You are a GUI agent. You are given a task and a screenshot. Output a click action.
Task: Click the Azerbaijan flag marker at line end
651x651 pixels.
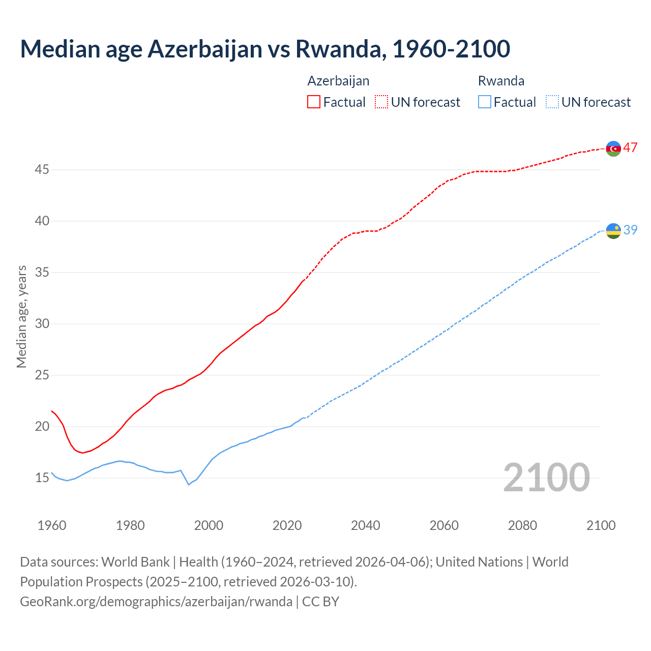coord(613,149)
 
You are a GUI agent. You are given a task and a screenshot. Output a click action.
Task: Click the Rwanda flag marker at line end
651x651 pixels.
coord(613,231)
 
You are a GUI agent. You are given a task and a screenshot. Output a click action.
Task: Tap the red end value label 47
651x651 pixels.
coord(631,148)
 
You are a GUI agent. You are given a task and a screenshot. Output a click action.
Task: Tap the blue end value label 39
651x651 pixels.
coord(631,230)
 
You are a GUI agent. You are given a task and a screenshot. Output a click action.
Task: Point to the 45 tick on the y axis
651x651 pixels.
coord(42,169)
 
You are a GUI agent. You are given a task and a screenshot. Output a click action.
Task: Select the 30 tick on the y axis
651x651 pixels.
coord(42,323)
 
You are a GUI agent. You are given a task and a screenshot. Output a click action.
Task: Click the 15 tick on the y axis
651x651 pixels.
coord(42,478)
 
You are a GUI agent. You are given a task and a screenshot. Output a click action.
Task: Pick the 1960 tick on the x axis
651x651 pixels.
coord(52,525)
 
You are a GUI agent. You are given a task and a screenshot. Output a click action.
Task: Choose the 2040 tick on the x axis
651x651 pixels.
coord(366,525)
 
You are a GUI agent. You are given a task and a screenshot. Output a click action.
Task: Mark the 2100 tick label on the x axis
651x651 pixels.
coord(601,525)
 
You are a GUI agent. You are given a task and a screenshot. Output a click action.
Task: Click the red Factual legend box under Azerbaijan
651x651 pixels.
coord(314,102)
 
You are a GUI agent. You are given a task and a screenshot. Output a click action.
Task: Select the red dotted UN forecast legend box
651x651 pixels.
coord(381,102)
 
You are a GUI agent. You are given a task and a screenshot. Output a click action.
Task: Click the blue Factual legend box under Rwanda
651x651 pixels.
coord(485,102)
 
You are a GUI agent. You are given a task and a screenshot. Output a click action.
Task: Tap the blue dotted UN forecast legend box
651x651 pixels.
coord(552,102)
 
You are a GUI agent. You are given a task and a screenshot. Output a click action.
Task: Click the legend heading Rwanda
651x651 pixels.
coord(501,81)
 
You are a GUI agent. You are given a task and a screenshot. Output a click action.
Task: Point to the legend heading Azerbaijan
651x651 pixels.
coord(338,81)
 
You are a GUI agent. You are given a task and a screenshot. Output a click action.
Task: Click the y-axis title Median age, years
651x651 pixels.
coord(21,316)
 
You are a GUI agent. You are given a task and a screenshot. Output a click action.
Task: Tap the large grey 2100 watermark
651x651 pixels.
coord(546,478)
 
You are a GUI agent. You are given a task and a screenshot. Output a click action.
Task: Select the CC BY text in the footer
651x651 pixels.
coord(320,602)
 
